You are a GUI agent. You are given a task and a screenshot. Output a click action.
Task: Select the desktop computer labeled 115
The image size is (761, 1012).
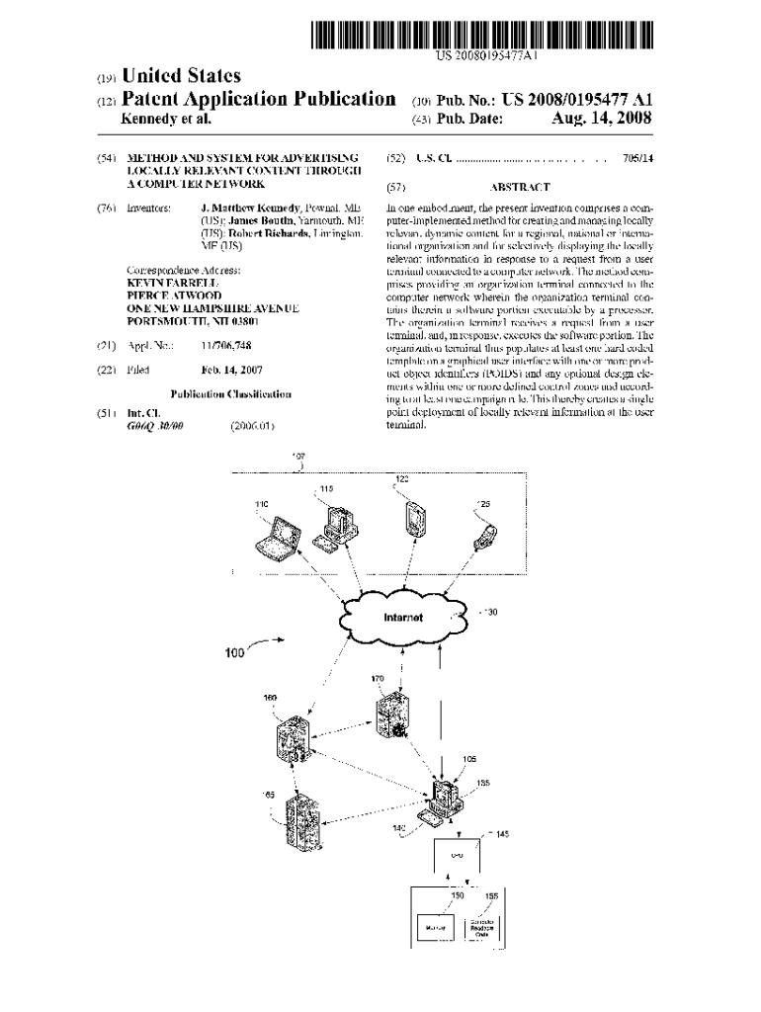[334, 525]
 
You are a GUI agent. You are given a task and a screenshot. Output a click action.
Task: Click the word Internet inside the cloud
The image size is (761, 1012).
[402, 618]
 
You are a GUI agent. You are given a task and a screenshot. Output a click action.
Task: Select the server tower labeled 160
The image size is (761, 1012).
[293, 737]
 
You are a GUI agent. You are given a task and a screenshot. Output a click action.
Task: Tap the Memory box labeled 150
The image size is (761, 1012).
[437, 929]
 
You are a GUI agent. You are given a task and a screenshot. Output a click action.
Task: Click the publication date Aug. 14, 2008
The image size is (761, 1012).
[600, 120]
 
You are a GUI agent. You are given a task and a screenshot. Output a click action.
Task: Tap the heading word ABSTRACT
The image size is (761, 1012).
[519, 187]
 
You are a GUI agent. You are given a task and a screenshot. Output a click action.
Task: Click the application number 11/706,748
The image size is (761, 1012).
[225, 346]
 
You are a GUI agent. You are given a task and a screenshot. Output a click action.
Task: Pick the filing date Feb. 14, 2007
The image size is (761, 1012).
[232, 370]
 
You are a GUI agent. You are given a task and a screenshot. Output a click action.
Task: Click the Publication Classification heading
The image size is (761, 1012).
[230, 393]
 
